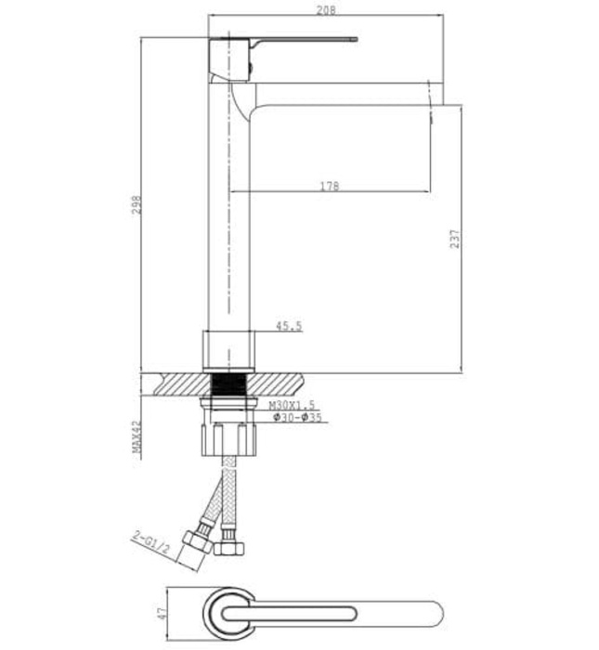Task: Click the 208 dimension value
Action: (324, 10)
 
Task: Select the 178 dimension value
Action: (329, 187)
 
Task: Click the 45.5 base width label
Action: (289, 326)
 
